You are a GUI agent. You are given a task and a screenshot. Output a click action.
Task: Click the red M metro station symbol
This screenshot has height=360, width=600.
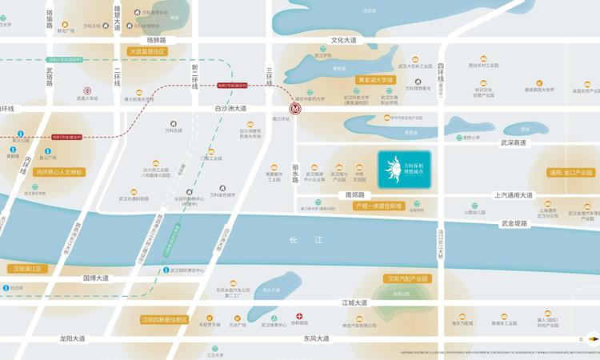295,111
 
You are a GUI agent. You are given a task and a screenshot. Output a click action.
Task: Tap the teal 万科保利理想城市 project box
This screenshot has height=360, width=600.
404,170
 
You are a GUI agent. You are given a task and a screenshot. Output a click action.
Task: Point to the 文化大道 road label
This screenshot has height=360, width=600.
344,40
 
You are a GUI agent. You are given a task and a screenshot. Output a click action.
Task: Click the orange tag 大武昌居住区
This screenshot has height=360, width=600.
146,51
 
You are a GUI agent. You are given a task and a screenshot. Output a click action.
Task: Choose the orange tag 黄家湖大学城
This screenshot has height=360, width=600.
375,80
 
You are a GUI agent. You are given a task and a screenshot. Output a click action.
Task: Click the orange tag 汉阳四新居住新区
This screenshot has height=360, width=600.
164,319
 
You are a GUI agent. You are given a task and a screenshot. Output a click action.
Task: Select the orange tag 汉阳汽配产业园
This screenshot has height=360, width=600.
407,278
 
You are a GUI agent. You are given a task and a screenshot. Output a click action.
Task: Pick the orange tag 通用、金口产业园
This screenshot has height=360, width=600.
570,173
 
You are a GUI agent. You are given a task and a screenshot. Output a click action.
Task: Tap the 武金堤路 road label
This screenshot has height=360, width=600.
514,224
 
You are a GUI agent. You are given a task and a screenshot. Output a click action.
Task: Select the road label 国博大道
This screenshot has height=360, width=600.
96,278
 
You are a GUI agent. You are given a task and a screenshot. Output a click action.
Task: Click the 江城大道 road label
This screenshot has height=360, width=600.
354,303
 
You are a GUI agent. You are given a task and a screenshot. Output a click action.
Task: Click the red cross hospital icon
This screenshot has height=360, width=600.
300,317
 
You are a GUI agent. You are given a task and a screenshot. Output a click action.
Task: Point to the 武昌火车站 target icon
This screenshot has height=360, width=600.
87,91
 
